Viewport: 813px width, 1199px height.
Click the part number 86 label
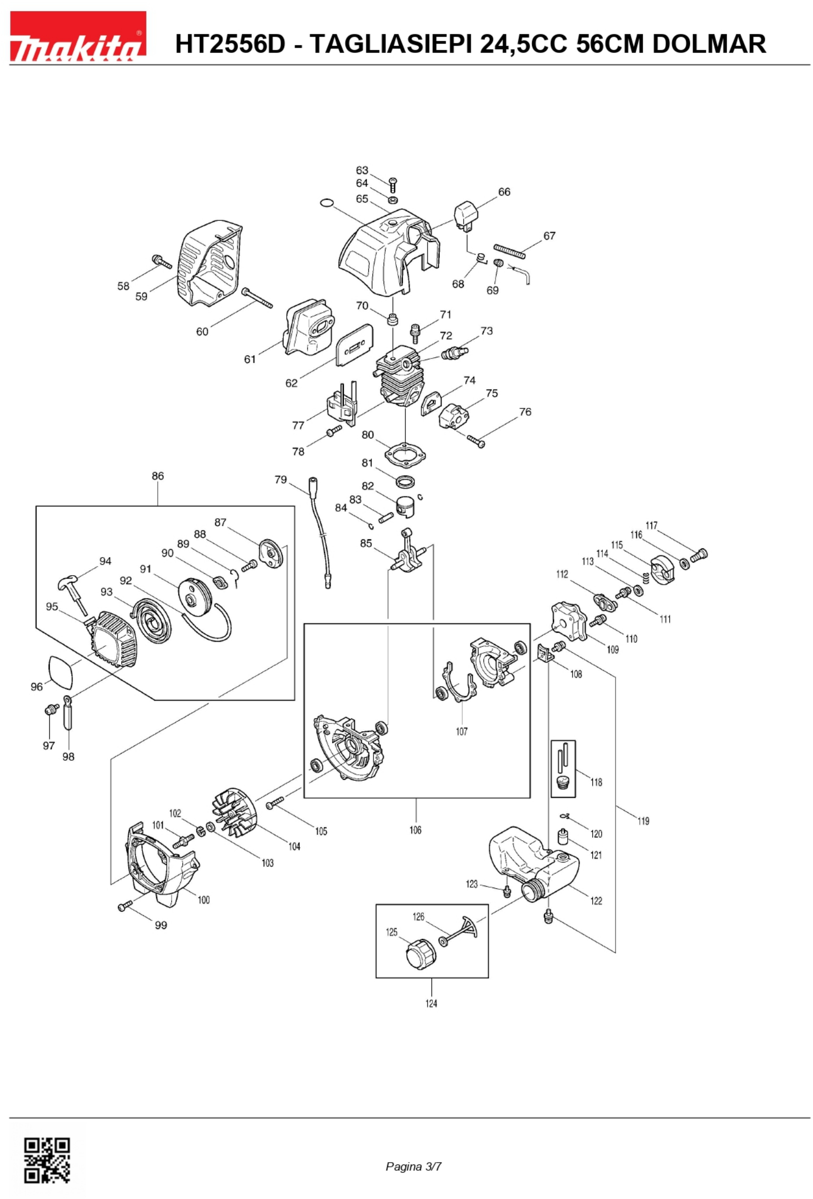158,476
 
